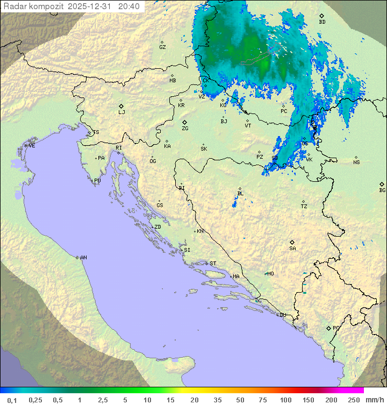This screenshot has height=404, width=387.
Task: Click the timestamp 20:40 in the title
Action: tap(129, 6)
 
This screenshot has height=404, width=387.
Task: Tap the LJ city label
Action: tap(121, 112)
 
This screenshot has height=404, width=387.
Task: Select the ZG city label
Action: tap(185, 129)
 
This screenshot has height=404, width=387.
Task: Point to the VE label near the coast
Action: tap(32, 146)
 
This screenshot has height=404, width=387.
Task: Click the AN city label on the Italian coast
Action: tap(83, 258)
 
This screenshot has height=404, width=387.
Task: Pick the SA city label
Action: tap(292, 249)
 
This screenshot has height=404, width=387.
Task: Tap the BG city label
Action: tap(382, 190)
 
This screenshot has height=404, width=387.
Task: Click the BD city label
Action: tap(322, 22)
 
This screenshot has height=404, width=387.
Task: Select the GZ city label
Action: tap(162, 47)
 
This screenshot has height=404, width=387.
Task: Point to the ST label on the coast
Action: tap(213, 264)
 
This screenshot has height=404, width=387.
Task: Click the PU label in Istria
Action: tap(97, 181)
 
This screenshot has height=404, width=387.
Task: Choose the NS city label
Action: tap(356, 162)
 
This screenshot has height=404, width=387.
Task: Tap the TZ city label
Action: tap(304, 207)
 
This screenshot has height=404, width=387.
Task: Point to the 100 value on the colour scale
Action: tap(285, 400)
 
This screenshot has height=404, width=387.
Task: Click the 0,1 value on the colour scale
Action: tap(12, 400)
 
